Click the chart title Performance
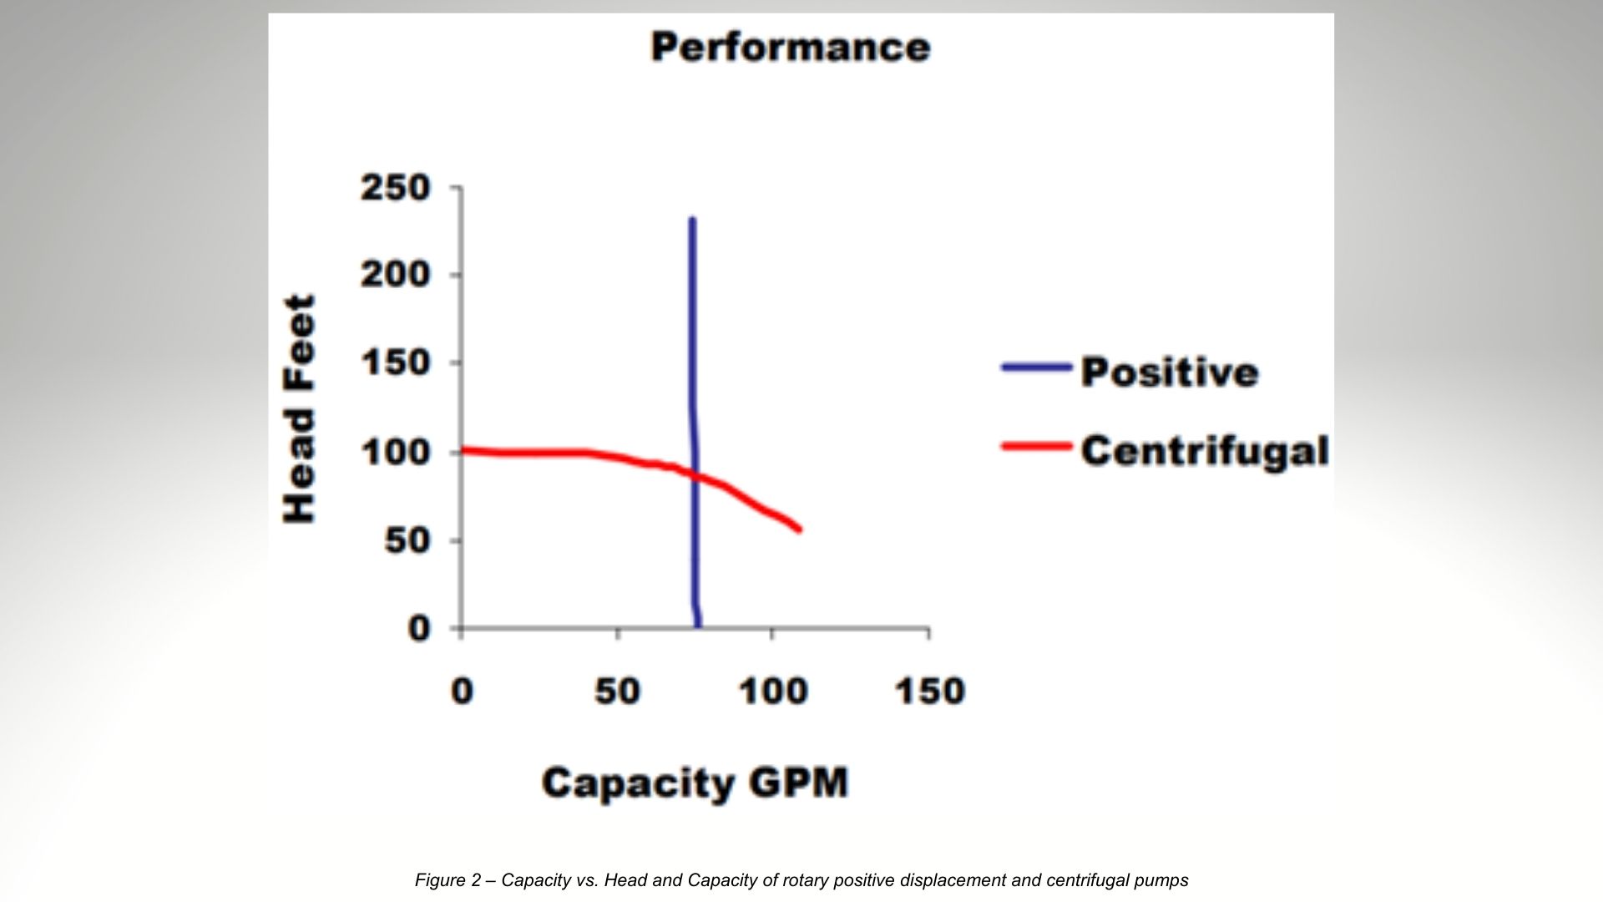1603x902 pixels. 790,47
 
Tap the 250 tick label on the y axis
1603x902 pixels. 395,188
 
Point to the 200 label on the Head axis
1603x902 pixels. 395,275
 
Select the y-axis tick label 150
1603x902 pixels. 395,363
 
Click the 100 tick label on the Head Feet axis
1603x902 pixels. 395,453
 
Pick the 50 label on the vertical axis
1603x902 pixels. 407,541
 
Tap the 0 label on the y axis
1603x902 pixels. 418,628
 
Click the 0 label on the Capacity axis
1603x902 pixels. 462,692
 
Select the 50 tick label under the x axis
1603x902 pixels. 617,692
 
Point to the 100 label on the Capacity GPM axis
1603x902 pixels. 772,692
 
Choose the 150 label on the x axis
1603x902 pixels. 929,692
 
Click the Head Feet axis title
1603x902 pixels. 299,409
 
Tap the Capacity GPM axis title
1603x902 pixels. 695,783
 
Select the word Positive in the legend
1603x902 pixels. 1169,372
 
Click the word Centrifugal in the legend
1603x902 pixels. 1204,450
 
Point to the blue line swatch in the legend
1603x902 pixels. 1036,367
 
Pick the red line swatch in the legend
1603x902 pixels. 1036,447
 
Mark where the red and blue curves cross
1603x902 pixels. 695,475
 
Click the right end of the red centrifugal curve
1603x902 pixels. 799,529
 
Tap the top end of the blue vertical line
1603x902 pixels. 692,220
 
